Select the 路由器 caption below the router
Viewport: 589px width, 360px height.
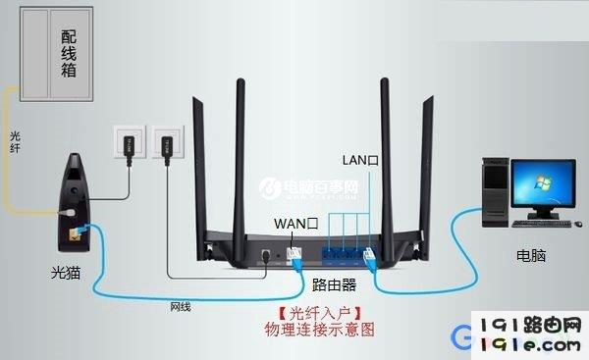[333, 285]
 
